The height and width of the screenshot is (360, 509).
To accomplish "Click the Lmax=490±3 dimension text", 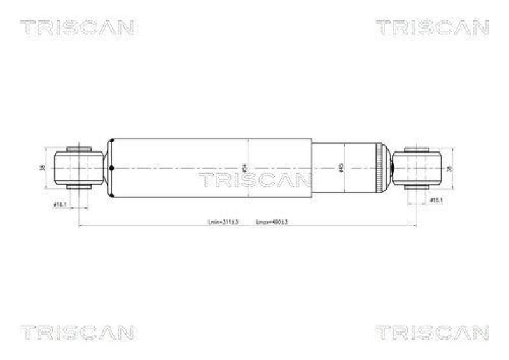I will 272,222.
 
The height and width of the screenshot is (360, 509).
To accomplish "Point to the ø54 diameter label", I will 246,168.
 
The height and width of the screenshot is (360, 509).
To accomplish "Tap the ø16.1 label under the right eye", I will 436,200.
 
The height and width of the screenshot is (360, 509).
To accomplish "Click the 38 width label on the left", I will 42,168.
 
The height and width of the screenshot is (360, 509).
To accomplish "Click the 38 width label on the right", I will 451,168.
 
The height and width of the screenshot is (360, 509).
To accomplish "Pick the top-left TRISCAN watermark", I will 76,27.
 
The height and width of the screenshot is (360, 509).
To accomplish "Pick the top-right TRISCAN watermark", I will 432,27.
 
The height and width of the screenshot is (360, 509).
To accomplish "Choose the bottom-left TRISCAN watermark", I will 76,332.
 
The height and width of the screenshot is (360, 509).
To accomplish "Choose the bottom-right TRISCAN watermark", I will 432,332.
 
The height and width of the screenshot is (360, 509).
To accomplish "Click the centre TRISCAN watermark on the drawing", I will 254,180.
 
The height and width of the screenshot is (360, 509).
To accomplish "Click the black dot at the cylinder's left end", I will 111,169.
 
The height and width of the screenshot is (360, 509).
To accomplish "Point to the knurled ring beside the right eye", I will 382,168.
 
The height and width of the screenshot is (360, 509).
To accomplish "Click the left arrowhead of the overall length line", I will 80,225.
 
